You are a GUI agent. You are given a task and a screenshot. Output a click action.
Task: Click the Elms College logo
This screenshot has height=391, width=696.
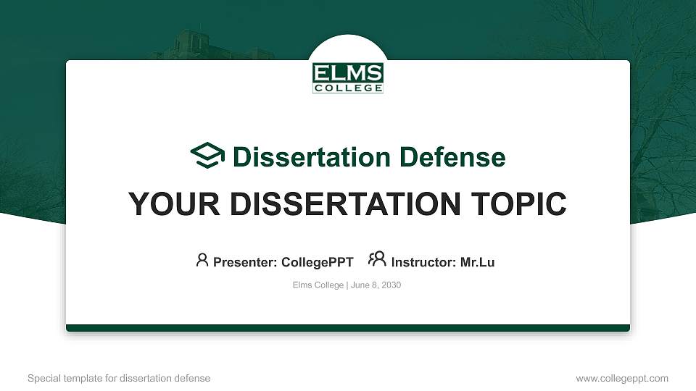coord(348,77)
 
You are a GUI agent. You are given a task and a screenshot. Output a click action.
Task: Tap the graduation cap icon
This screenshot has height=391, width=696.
coord(207,156)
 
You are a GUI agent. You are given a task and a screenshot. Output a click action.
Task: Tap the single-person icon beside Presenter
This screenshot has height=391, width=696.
coord(202,260)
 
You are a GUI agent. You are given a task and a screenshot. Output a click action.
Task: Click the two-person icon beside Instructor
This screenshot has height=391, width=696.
coord(377,259)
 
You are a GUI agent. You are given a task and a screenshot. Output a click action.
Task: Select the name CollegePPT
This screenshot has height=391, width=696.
coord(317,262)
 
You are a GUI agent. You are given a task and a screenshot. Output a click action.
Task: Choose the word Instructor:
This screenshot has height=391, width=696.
coord(424,262)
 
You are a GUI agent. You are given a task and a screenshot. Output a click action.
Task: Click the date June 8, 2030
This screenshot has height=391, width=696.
coord(376,285)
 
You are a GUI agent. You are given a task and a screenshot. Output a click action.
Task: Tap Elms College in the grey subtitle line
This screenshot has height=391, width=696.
coord(318,285)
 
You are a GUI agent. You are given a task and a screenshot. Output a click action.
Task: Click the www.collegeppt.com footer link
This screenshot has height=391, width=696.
coord(621,378)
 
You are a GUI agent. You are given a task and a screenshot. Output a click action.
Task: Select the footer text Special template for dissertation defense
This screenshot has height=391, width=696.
coord(118,378)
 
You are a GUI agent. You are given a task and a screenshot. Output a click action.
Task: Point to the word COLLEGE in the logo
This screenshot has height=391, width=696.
coord(348,88)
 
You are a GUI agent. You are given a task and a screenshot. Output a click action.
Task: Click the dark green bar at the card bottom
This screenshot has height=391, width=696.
coord(348,328)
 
